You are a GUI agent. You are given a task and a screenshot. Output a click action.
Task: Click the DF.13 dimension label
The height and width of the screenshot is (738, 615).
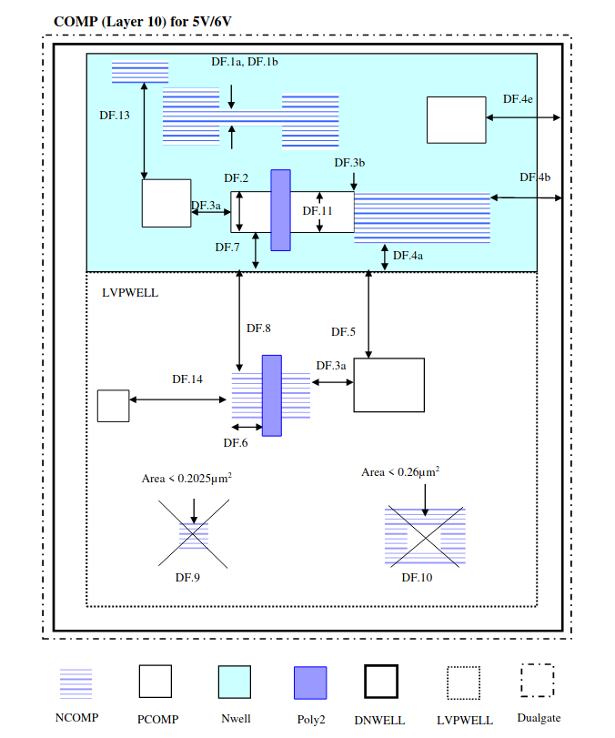(x=115, y=116)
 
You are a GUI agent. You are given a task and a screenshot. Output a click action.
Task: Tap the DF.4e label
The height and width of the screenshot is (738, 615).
(x=518, y=99)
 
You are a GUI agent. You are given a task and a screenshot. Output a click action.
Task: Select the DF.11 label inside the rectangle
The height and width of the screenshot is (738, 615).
(x=318, y=211)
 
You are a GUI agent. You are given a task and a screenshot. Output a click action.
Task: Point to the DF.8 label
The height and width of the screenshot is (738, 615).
(x=258, y=329)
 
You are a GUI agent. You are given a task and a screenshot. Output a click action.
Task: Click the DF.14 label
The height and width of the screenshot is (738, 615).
(x=187, y=379)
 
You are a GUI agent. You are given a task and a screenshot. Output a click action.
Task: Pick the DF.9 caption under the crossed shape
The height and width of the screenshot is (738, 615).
(x=187, y=578)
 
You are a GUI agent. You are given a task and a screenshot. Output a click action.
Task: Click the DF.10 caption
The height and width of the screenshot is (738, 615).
(x=417, y=578)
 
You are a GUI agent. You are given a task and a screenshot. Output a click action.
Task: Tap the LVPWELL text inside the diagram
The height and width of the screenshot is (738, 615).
(x=130, y=293)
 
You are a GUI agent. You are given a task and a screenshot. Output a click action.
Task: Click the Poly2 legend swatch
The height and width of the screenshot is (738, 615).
(x=310, y=682)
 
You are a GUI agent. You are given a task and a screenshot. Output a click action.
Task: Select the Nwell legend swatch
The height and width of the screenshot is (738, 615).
(x=235, y=682)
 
